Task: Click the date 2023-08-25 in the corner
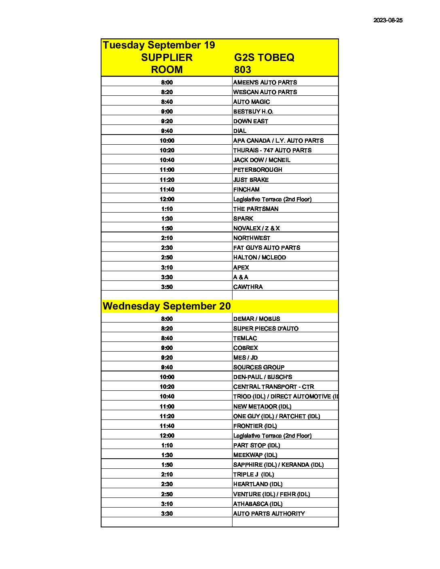tap(387, 20)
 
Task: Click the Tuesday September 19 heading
tap(159, 45)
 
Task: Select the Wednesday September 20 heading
tap(167, 306)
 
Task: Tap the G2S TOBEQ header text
tap(264, 57)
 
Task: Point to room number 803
tap(242, 70)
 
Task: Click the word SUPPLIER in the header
tap(167, 57)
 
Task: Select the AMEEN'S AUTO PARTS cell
tap(265, 82)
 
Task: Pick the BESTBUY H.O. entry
tap(253, 112)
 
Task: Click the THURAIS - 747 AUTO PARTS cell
tap(272, 150)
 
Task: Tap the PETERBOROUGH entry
tap(258, 170)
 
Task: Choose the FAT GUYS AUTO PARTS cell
tap(267, 248)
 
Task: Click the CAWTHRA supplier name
tap(248, 287)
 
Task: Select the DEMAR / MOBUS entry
tap(256, 319)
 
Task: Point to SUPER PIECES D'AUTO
tap(266, 329)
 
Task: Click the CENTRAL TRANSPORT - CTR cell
tap(273, 387)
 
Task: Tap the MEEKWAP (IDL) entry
tap(255, 455)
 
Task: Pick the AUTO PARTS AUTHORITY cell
tap(269, 514)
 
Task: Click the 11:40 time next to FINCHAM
tap(167, 190)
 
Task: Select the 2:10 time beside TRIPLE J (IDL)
tap(167, 474)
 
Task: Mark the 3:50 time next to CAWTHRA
tap(167, 287)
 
